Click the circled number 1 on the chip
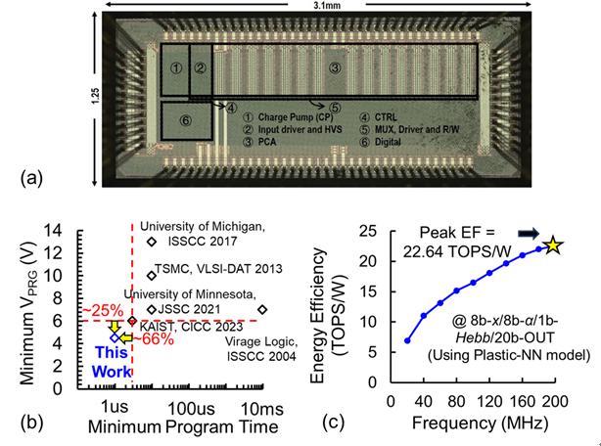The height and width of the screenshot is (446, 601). click(175, 67)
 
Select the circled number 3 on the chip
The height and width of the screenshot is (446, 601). click(335, 67)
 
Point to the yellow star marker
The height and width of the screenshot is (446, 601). click(554, 245)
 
